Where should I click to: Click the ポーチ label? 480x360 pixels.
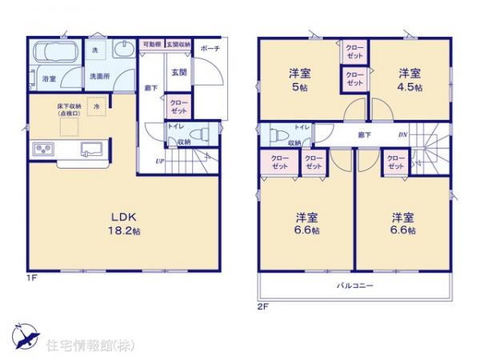tap(210, 48)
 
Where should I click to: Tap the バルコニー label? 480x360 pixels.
tap(354, 285)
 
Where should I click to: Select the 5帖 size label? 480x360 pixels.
tap(299, 86)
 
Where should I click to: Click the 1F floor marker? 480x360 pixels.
tap(31, 278)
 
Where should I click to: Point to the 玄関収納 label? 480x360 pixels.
tap(178, 45)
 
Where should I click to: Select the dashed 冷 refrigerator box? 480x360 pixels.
tap(97, 106)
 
